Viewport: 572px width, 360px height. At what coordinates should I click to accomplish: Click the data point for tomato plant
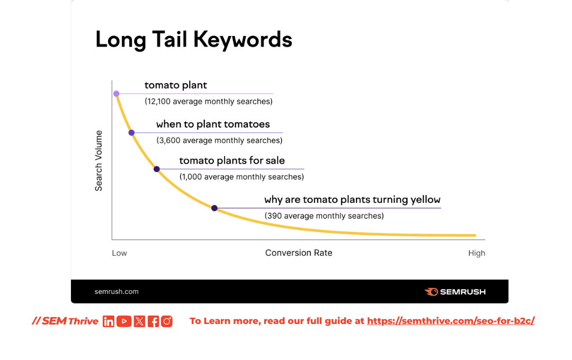click(117, 94)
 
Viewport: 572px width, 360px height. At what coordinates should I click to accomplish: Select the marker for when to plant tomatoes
click(132, 133)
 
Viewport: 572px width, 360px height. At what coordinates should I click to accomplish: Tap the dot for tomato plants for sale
click(156, 169)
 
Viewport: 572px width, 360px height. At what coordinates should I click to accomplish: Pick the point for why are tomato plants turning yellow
click(215, 208)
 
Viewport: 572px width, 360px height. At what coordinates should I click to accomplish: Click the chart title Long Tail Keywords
click(194, 39)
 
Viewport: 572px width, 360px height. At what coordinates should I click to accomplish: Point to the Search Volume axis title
click(99, 160)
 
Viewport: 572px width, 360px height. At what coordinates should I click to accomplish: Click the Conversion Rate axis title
click(299, 253)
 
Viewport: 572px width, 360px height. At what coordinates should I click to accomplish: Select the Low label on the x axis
click(119, 253)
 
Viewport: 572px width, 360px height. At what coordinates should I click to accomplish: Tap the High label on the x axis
click(477, 253)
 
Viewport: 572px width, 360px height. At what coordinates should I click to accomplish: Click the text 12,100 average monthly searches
click(209, 102)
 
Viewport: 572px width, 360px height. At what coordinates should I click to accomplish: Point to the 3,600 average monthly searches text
click(219, 140)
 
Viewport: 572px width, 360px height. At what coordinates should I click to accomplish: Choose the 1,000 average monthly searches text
click(242, 177)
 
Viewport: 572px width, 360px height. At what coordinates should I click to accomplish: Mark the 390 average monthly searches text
click(324, 216)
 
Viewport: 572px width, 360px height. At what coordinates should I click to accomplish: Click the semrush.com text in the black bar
click(117, 291)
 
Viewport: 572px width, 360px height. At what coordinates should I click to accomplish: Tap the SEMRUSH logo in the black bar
click(455, 292)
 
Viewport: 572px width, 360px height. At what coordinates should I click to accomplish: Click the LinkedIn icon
click(109, 321)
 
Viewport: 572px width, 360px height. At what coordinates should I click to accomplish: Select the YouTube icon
click(124, 321)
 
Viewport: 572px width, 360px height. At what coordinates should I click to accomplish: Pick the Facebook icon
click(153, 321)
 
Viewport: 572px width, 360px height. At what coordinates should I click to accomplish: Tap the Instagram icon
click(167, 321)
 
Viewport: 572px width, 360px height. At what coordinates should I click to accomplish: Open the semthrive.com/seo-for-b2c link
click(451, 321)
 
